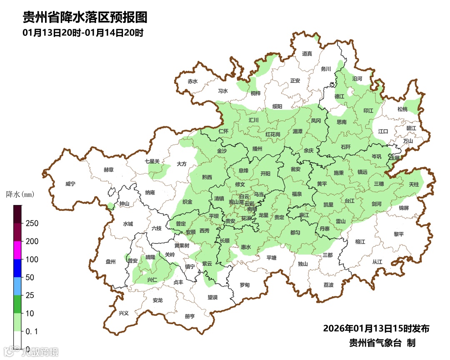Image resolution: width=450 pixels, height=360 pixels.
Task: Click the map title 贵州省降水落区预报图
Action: click(x=85, y=17)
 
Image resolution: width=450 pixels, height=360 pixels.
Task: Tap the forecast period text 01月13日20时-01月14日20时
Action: click(x=83, y=32)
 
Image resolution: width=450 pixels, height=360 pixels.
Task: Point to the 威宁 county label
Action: click(x=71, y=184)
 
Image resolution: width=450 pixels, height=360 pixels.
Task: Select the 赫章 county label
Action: click(x=108, y=170)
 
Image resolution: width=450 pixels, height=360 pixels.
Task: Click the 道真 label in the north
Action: click(x=307, y=53)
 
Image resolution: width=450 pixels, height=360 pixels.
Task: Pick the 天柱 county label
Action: click(x=413, y=184)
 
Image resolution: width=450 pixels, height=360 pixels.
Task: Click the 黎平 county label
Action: click(x=399, y=234)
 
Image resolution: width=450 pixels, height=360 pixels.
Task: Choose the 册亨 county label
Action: click(x=190, y=316)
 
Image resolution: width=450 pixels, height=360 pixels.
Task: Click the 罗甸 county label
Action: click(x=245, y=285)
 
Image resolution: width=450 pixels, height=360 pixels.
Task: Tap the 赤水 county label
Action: click(x=192, y=81)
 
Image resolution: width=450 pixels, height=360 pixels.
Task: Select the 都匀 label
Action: click(x=295, y=232)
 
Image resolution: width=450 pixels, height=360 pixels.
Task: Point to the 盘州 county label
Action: click(x=110, y=262)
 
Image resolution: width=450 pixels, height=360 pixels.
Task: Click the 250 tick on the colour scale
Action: click(x=32, y=223)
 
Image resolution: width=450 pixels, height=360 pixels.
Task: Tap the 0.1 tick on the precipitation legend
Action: click(x=32, y=331)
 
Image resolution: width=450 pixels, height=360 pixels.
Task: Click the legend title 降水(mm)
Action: click(x=20, y=195)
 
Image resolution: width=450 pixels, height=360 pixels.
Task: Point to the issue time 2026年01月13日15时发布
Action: click(x=376, y=328)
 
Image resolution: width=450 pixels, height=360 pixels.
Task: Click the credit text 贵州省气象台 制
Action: click(x=382, y=343)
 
